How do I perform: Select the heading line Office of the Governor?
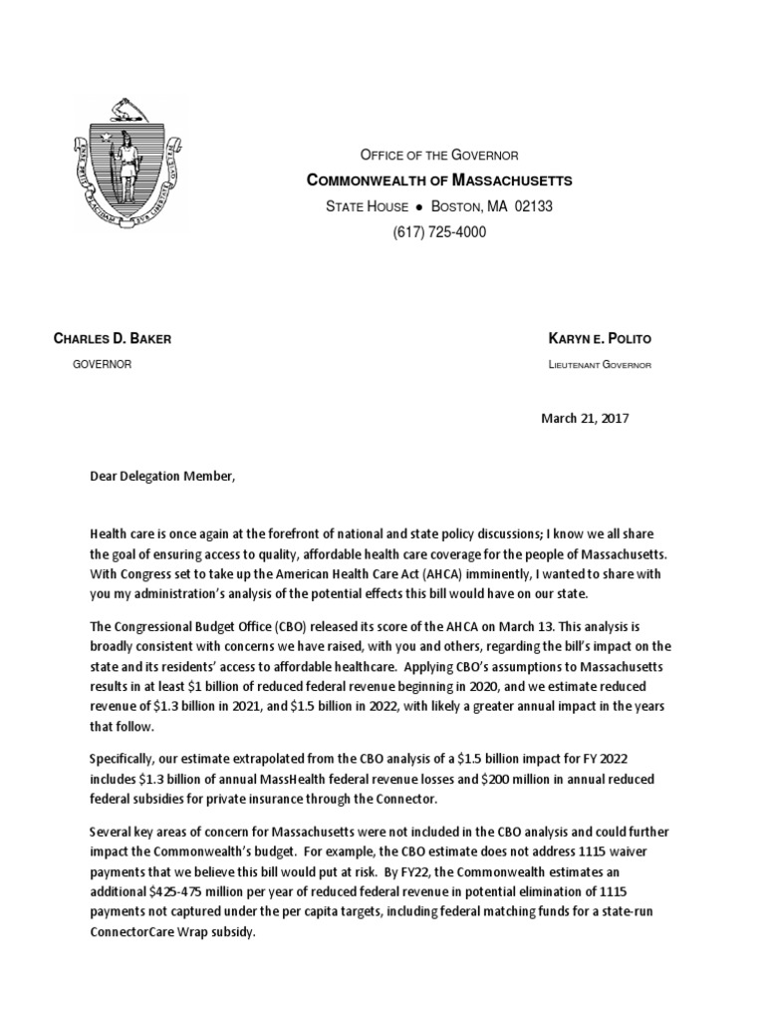tap(438, 155)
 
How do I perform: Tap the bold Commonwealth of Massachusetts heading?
tap(438, 180)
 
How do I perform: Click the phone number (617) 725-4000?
tap(438, 232)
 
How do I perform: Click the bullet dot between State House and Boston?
tap(420, 207)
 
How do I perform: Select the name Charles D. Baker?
tap(112, 339)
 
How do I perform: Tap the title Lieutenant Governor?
tap(600, 365)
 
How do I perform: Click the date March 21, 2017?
tap(585, 418)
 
